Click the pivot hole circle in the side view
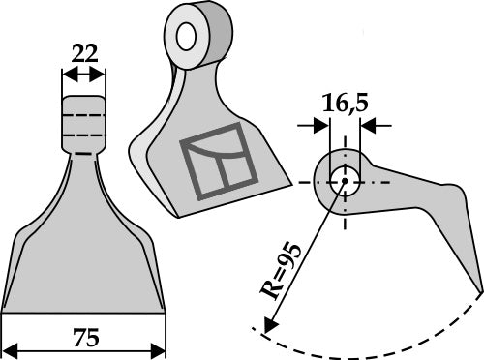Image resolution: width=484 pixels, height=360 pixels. (341, 180)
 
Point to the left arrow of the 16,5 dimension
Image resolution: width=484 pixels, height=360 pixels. (320, 124)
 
